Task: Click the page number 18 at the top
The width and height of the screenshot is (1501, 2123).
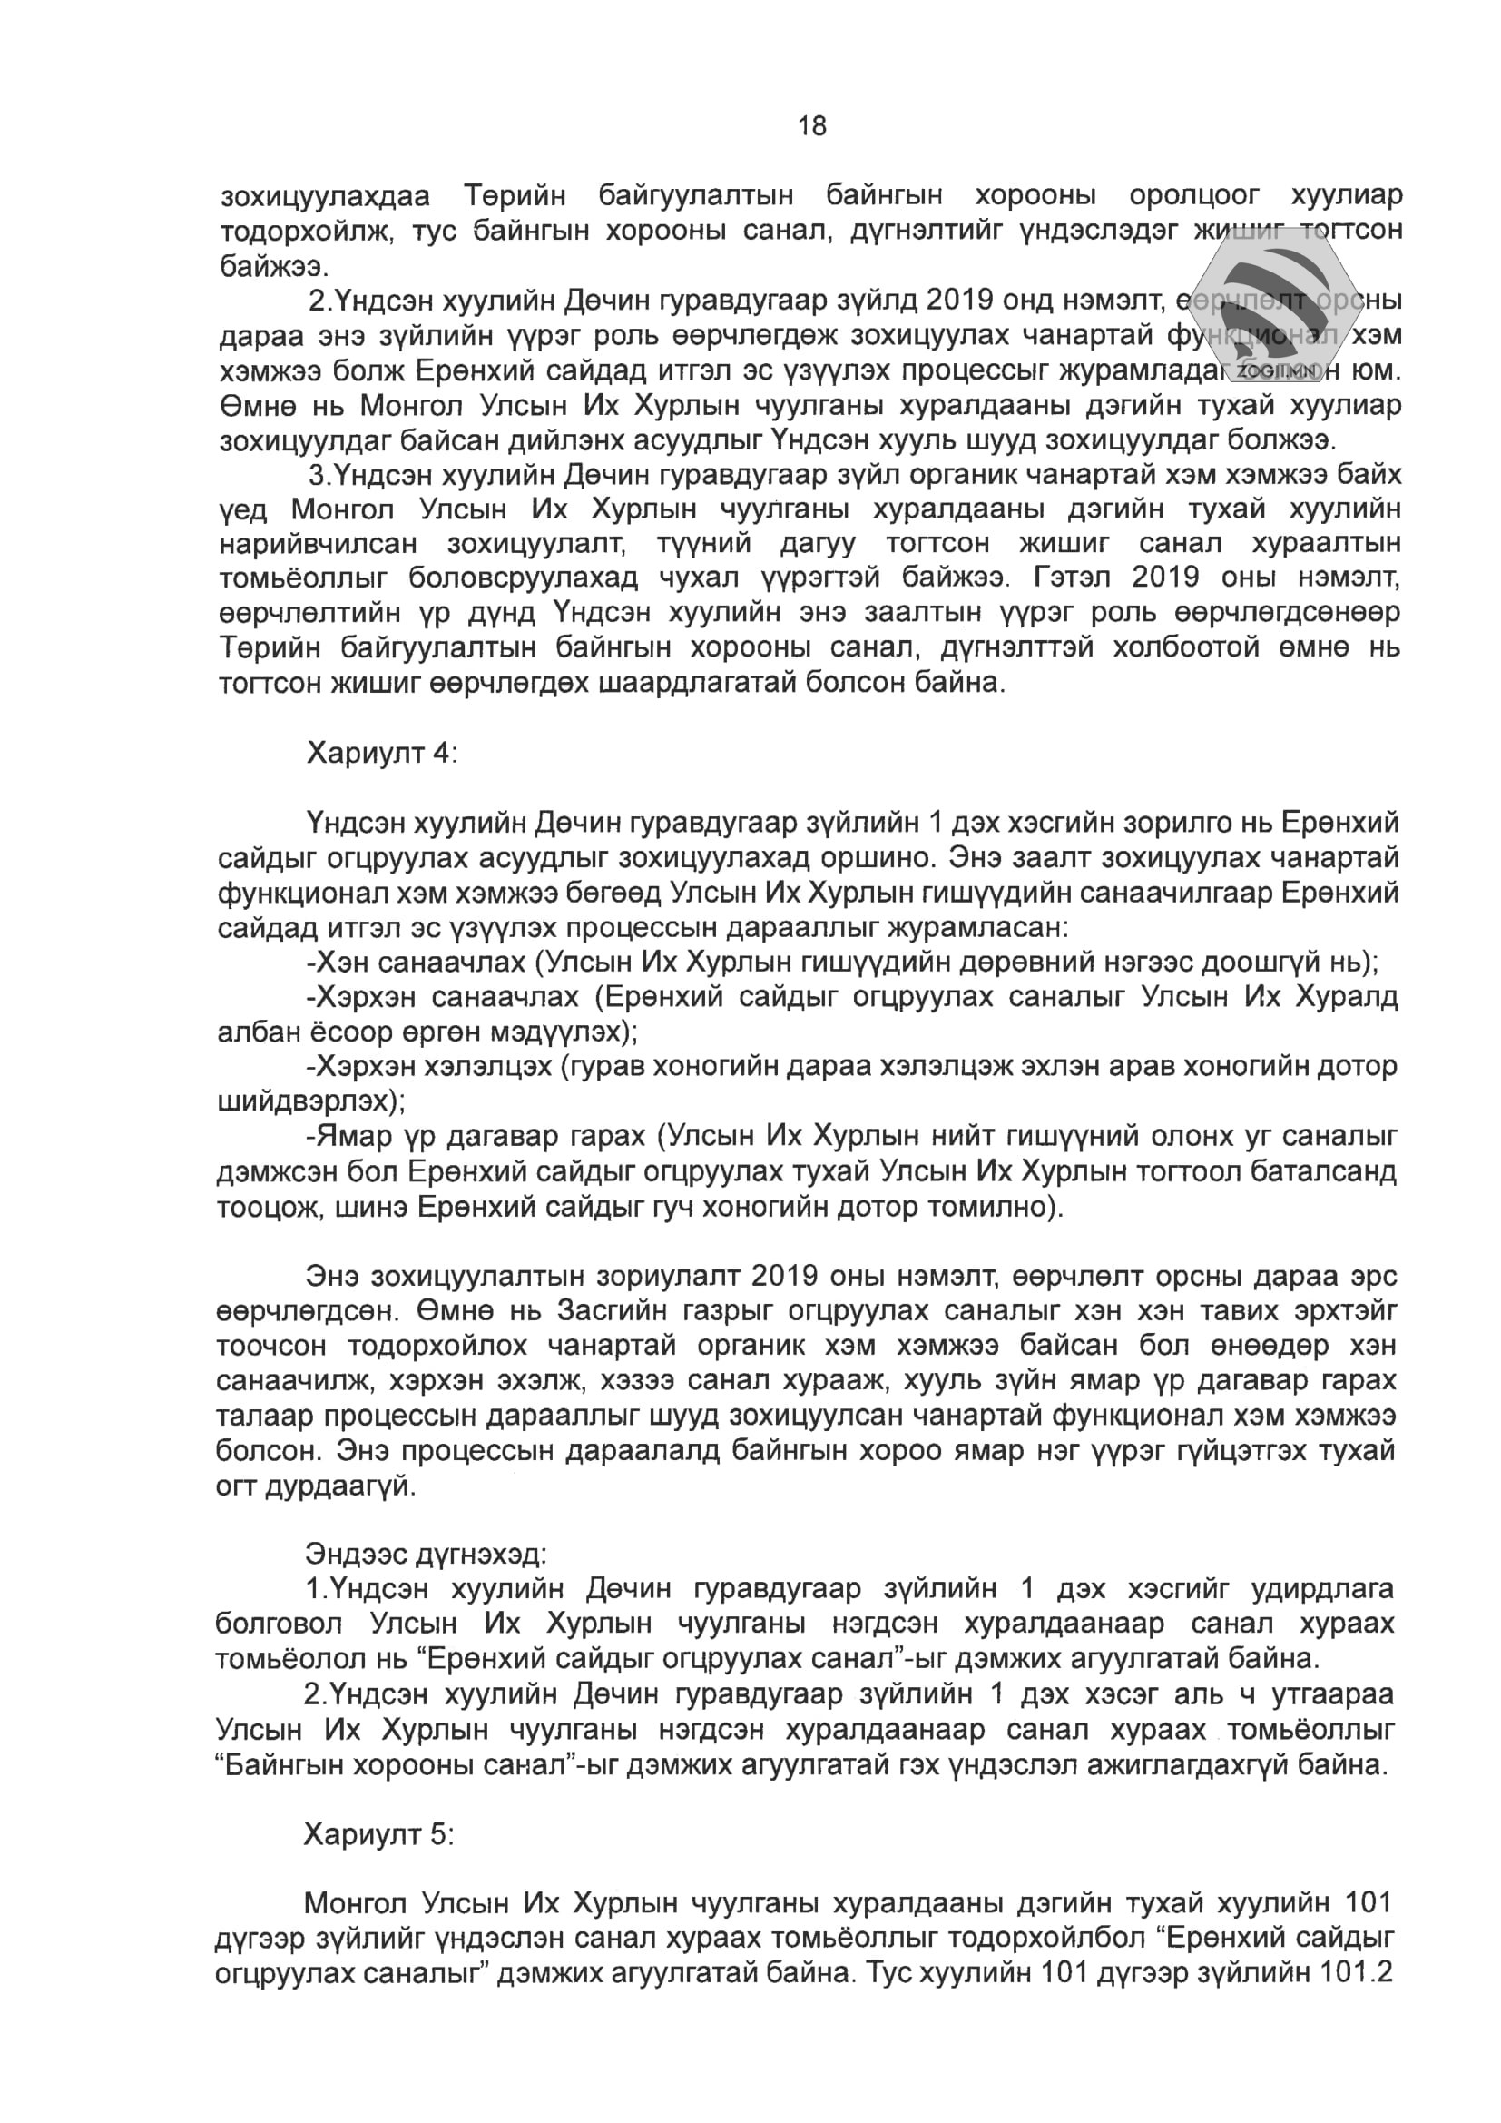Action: click(x=811, y=125)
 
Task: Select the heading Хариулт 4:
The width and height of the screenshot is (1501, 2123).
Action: click(x=382, y=754)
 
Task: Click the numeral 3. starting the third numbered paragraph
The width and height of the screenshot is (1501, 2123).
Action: click(x=319, y=475)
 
